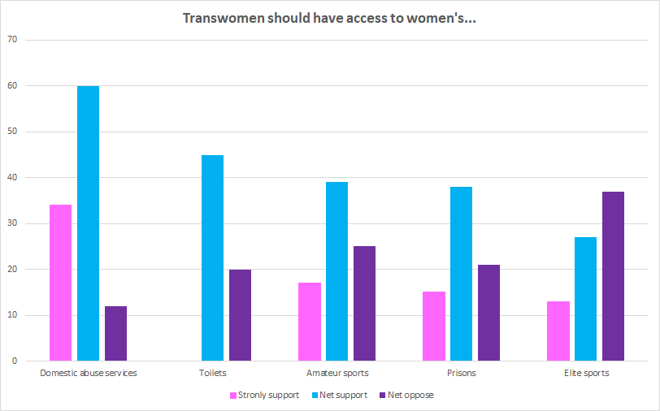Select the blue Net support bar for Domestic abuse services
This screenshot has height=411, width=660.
click(x=88, y=223)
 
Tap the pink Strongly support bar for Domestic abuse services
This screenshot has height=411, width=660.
click(x=60, y=283)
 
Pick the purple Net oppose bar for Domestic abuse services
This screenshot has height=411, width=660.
click(x=115, y=333)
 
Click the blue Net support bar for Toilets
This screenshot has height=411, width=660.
click(x=212, y=257)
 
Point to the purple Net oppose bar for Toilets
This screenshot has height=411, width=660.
click(x=240, y=315)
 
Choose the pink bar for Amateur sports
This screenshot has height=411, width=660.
click(x=309, y=322)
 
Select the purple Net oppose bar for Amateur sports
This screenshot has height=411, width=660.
click(x=364, y=303)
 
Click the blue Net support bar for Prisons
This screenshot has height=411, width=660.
click(x=461, y=274)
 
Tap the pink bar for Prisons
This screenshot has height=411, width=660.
click(x=433, y=327)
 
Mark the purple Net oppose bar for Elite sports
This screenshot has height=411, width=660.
click(x=613, y=276)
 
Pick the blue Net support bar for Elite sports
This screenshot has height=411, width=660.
click(x=585, y=299)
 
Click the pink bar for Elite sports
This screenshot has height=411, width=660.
click(x=558, y=331)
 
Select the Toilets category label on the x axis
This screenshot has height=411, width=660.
click(x=212, y=374)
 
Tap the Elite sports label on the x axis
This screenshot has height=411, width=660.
click(x=586, y=374)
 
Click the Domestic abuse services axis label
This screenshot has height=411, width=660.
click(x=88, y=374)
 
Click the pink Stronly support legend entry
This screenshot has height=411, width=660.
click(x=266, y=396)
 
